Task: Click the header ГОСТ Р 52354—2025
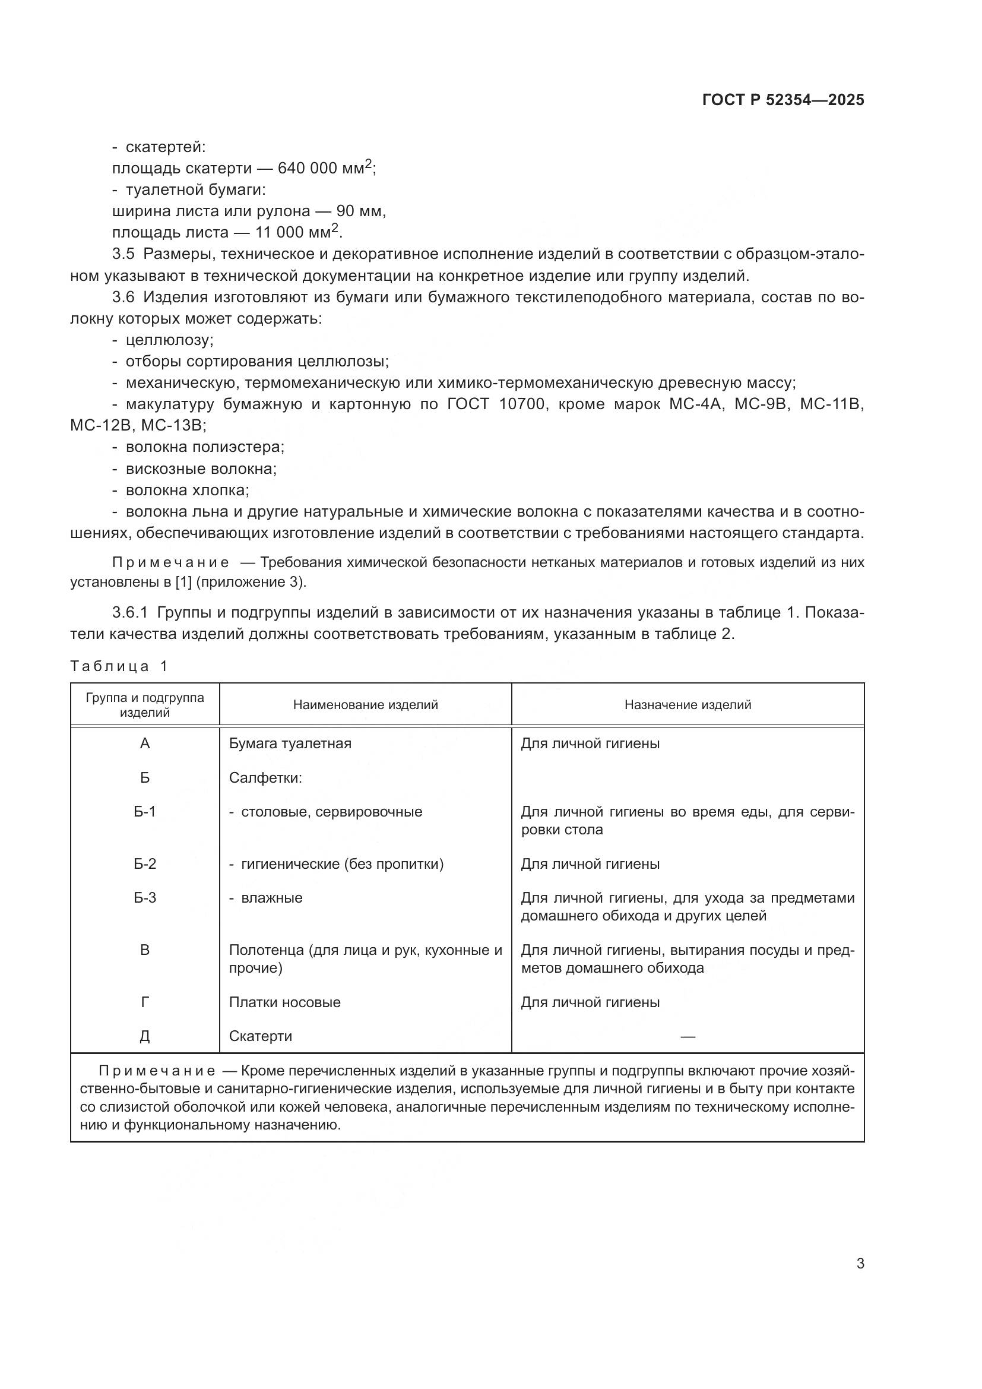point(783,100)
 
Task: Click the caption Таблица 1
point(119,667)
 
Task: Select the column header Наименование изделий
point(365,705)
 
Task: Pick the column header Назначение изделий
point(688,705)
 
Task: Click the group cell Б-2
point(144,864)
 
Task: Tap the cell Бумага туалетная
point(290,743)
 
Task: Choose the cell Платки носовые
point(284,1002)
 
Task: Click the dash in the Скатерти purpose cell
point(688,1037)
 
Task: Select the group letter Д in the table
point(144,1036)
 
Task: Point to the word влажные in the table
point(271,898)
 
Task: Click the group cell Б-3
point(144,898)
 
